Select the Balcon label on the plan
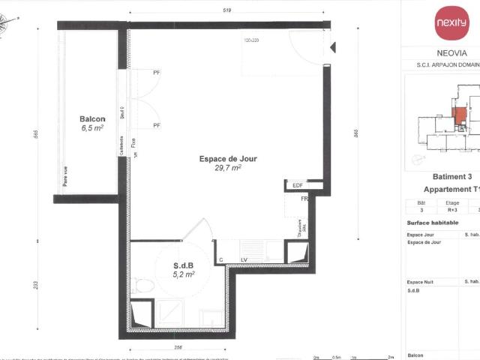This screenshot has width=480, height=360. pos(92,119)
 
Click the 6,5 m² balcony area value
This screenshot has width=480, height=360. pos(92,128)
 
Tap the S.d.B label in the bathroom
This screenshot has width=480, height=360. pos(184,265)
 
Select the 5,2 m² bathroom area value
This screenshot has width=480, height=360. pos(184,274)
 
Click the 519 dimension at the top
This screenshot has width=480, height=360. pos(228,10)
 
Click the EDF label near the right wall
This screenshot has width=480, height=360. pos(298,185)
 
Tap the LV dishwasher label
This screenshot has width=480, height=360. pos(244,259)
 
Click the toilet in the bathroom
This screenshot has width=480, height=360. pos(144,286)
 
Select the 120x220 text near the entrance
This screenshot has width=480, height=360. pos(252,40)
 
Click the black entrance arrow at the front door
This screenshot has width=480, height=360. pos(332,48)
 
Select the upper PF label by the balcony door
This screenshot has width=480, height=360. pos(157,73)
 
